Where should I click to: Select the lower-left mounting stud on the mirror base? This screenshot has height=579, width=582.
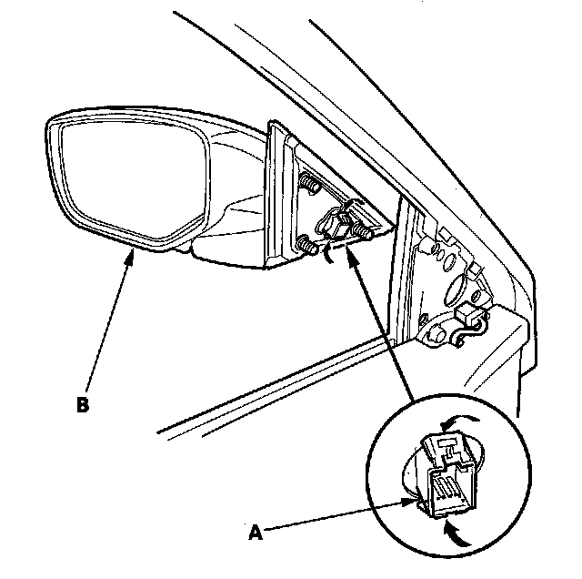303,243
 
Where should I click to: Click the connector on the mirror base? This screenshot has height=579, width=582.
334,224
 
